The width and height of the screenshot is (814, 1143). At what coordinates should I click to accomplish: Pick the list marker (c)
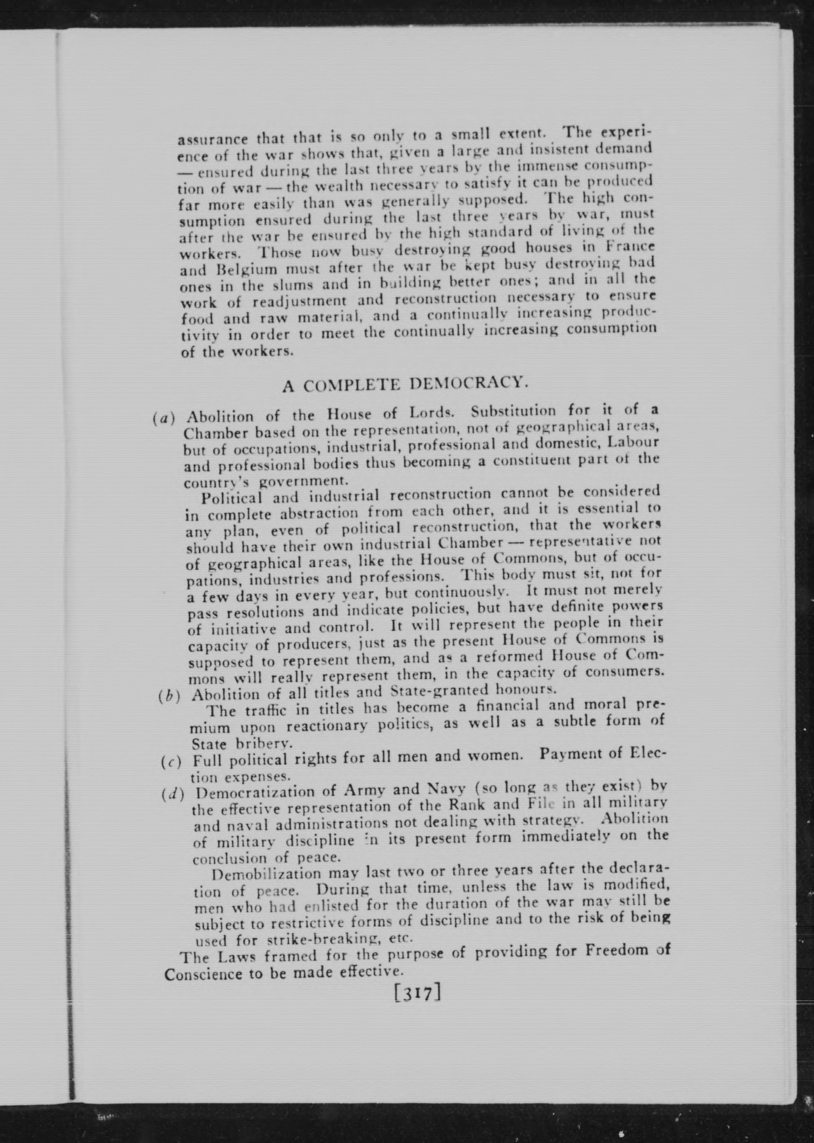[x=171, y=763]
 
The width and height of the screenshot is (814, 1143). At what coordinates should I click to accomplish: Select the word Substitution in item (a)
[x=513, y=411]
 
